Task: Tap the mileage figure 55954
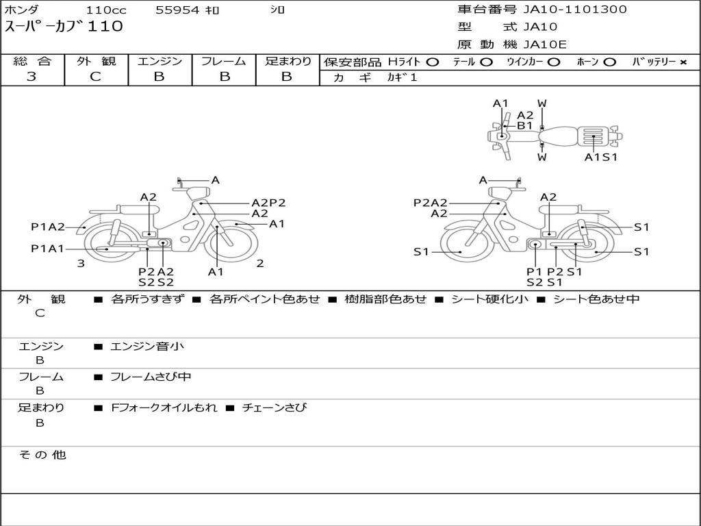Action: (177, 10)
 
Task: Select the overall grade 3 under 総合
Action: (31, 77)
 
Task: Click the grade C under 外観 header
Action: (95, 77)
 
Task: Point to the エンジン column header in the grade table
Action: (160, 61)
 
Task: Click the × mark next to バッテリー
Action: (683, 62)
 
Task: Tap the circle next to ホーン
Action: (609, 62)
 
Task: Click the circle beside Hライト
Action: (433, 62)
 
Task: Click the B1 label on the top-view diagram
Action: (525, 126)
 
